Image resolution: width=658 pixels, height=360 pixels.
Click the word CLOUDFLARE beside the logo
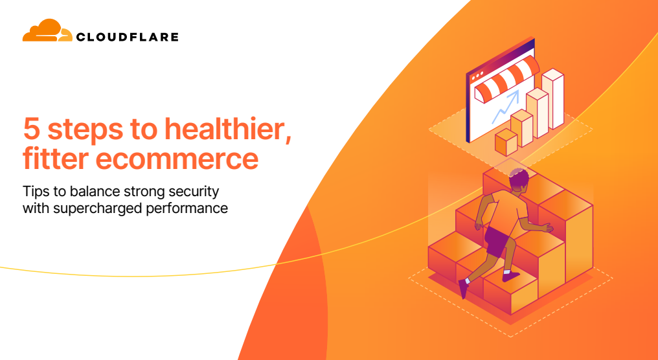127,37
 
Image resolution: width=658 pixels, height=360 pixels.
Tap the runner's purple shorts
497,241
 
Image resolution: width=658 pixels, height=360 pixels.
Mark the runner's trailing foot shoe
463,288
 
